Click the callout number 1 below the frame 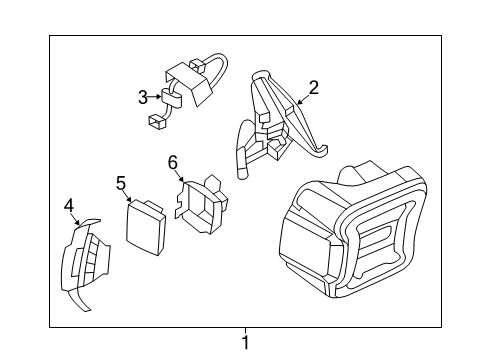245,343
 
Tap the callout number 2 313,88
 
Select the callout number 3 143,97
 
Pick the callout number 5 121,183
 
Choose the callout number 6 172,161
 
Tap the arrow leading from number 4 75,219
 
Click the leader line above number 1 245,331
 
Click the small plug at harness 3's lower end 156,124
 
